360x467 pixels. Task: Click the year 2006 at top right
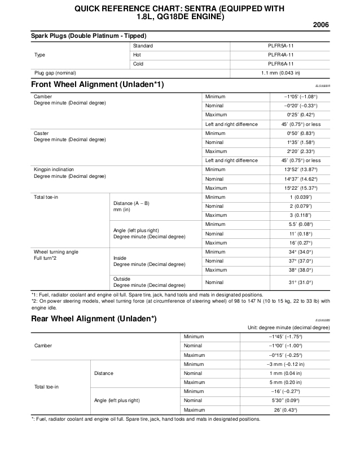(x=321, y=25)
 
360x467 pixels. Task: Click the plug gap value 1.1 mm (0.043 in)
(x=280, y=73)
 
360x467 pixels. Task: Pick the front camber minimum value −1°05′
(x=301, y=97)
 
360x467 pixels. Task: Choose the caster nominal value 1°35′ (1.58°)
(x=300, y=142)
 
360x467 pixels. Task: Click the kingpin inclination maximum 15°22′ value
(x=300, y=188)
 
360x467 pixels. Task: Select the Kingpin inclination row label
(x=54, y=169)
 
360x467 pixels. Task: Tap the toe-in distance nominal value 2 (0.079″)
(x=302, y=206)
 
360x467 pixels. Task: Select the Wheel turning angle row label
(x=56, y=252)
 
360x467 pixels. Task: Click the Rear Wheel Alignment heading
(x=94, y=319)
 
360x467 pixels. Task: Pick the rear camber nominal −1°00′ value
(x=286, y=346)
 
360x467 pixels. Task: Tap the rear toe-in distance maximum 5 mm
(x=286, y=382)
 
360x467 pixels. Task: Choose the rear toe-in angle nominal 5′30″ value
(x=286, y=400)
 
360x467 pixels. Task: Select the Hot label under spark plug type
(x=137, y=55)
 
